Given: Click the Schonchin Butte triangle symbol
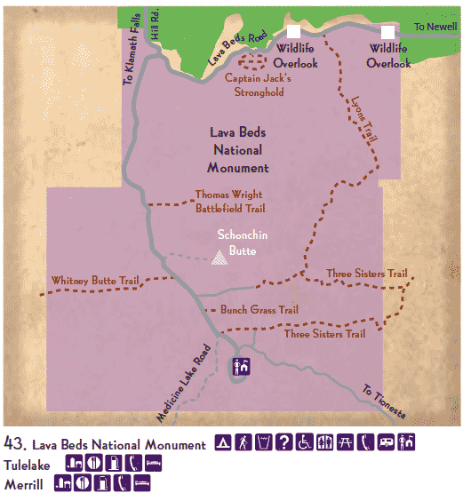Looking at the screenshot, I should (219, 258).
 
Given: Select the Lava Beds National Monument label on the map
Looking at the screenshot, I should (237, 149).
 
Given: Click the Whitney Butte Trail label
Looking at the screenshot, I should (96, 280).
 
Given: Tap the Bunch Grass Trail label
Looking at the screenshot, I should (257, 310).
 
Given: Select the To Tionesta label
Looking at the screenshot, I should (385, 402).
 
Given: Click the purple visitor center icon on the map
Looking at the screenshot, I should (241, 365).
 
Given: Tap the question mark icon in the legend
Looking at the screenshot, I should (285, 442).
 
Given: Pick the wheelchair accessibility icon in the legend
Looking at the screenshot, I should (305, 442).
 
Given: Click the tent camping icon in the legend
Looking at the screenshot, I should (225, 442).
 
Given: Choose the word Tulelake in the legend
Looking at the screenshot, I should (28, 464).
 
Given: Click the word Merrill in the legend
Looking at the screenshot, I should (23, 484).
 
